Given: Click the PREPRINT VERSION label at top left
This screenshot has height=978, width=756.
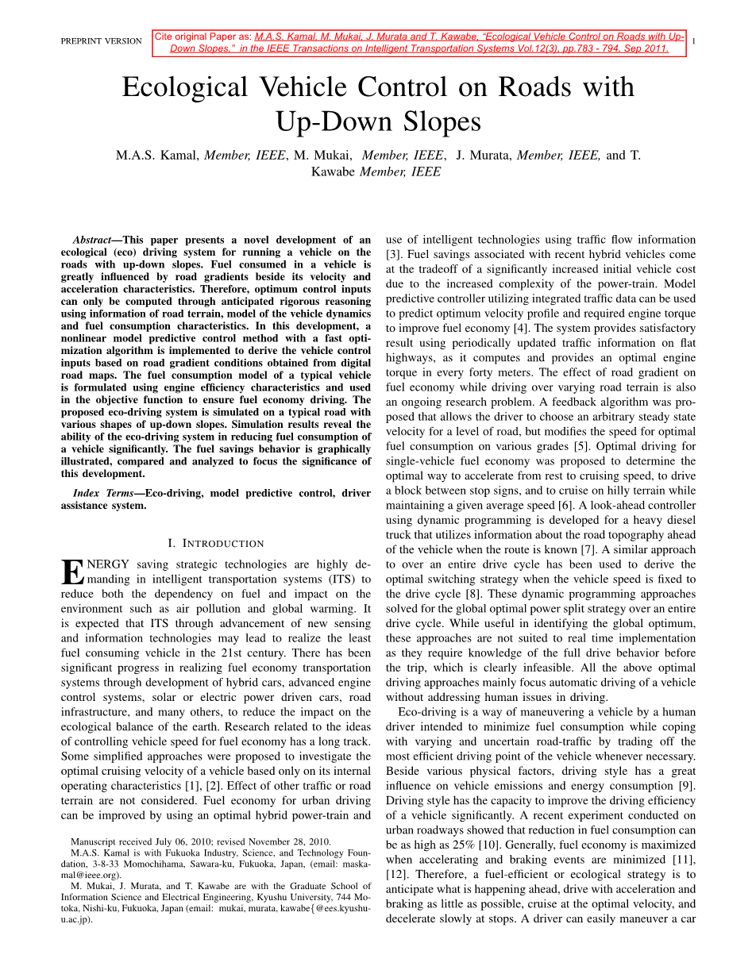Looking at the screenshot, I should pos(101,41).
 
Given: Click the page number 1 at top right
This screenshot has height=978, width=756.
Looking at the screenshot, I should pos(694,41).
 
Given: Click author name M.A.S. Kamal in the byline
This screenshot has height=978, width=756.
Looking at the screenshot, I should pos(157,156).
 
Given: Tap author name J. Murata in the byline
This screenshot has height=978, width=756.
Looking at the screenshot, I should pos(484,156).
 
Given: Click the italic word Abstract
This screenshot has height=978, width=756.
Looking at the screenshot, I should pos(92,240).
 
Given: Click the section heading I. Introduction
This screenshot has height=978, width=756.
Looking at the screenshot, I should pos(216,544).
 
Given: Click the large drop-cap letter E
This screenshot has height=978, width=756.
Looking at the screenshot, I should pos(71,572).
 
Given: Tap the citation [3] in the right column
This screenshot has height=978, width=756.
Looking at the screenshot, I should pos(393,254).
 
